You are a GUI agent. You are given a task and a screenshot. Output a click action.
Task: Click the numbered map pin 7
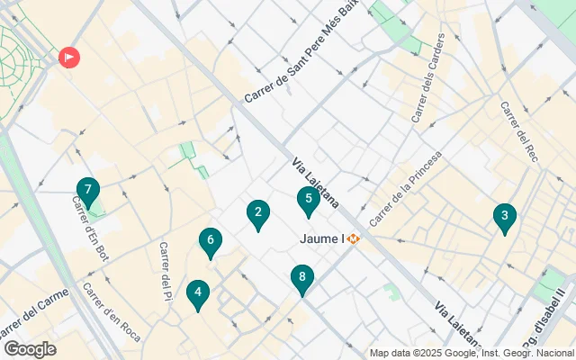87,191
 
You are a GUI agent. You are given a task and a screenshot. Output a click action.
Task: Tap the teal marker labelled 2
258,213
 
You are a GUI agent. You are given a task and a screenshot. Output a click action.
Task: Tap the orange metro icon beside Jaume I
355,239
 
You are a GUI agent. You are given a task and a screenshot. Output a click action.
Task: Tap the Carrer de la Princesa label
406,188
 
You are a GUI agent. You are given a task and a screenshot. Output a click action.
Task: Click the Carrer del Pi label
165,271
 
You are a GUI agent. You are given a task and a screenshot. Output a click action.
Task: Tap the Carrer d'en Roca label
112,311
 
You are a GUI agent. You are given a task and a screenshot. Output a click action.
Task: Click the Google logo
30,349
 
